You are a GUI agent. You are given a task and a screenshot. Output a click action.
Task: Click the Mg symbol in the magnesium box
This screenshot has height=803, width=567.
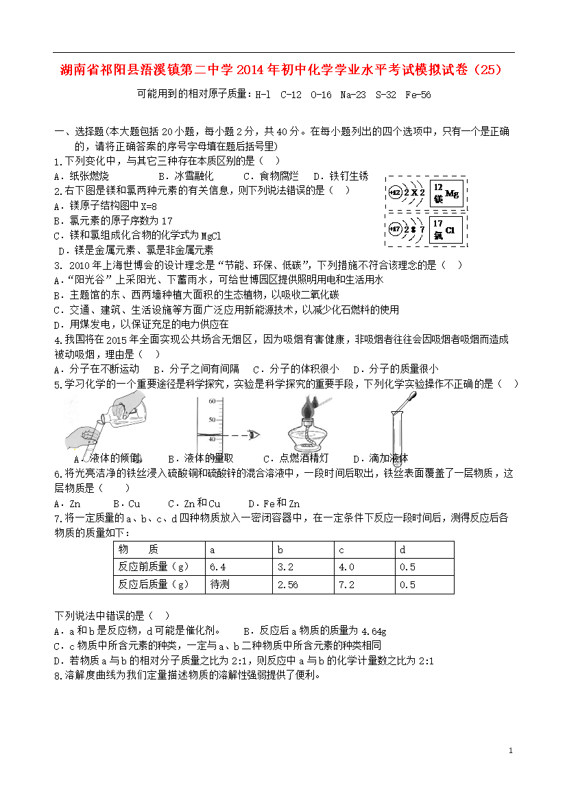point(452,194)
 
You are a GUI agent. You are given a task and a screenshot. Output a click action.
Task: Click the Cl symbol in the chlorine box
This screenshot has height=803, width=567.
point(450,230)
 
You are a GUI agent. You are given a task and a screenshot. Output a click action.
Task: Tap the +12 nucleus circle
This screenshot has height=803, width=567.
point(394,194)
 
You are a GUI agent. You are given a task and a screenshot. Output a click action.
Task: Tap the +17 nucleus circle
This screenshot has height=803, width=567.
point(394,229)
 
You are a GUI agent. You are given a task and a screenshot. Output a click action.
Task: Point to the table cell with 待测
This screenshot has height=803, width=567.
point(219,585)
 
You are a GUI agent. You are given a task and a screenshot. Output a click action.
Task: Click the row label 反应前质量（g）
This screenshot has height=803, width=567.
point(153,567)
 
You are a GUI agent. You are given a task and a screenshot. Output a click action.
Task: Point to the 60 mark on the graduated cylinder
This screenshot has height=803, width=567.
point(212,401)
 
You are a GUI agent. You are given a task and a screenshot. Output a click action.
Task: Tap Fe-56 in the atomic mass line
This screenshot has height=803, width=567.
point(418,95)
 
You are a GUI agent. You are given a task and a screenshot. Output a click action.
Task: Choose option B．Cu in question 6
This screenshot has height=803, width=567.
point(127,504)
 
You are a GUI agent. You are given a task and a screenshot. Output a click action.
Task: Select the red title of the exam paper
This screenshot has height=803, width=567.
point(282,70)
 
